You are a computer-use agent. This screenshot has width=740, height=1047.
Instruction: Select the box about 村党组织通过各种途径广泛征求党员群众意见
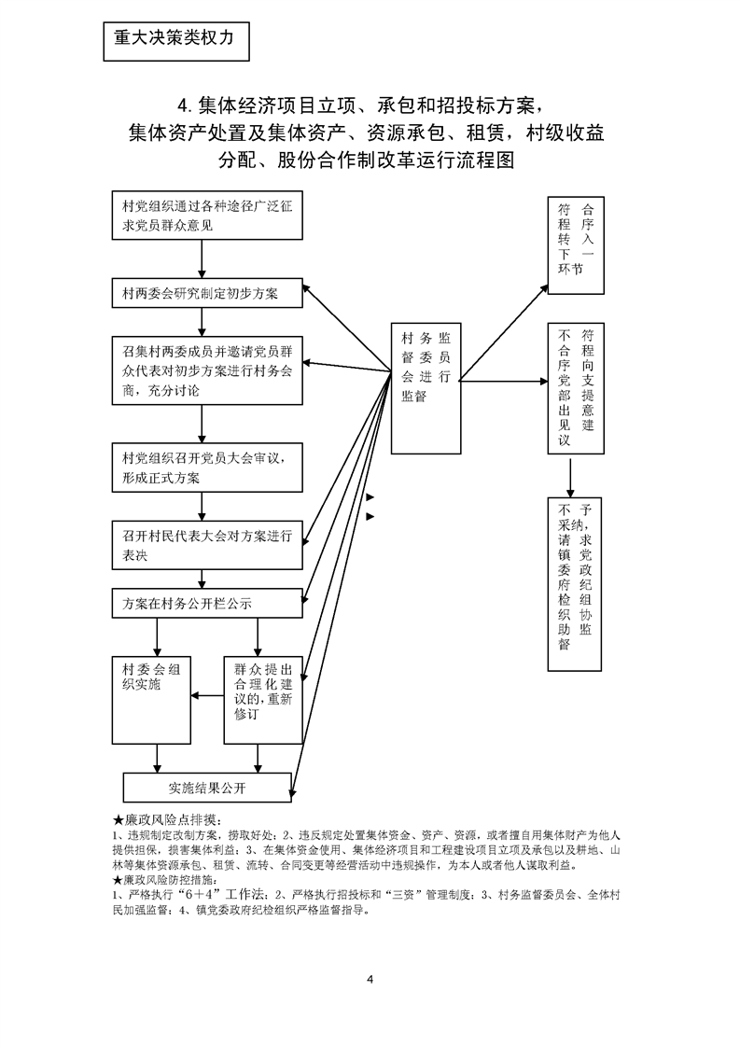click(x=206, y=216)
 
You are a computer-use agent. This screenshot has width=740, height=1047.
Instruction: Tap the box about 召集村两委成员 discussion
click(x=206, y=371)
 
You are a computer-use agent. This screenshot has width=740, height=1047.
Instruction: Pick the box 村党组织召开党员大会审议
click(x=206, y=468)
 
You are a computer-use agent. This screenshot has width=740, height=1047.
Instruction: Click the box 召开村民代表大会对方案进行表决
click(x=206, y=545)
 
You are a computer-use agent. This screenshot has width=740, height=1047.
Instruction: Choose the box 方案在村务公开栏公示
click(x=206, y=603)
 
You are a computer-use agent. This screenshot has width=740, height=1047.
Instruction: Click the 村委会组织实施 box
click(x=151, y=699)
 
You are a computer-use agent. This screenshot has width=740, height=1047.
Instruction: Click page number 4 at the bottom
click(x=370, y=978)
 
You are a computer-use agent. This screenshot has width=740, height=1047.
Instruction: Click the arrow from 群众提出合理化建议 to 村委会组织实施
click(x=207, y=693)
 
